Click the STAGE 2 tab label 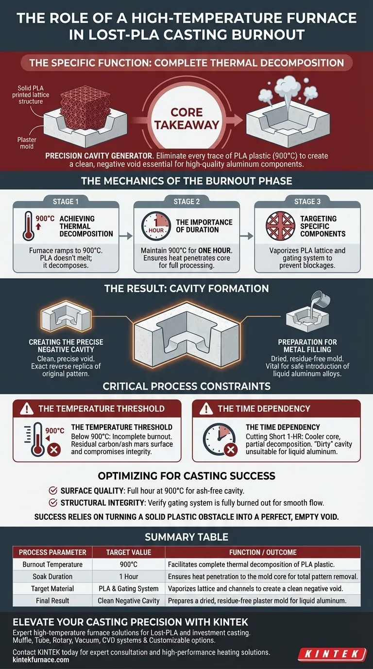pos(186,202)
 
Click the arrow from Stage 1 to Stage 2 pos(126,236)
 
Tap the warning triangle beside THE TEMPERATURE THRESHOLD pos(28,409)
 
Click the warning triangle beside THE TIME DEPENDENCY pos(207,409)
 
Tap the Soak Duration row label pos(52,577)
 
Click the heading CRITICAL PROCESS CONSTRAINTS pos(186,387)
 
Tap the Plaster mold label pos(27,143)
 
